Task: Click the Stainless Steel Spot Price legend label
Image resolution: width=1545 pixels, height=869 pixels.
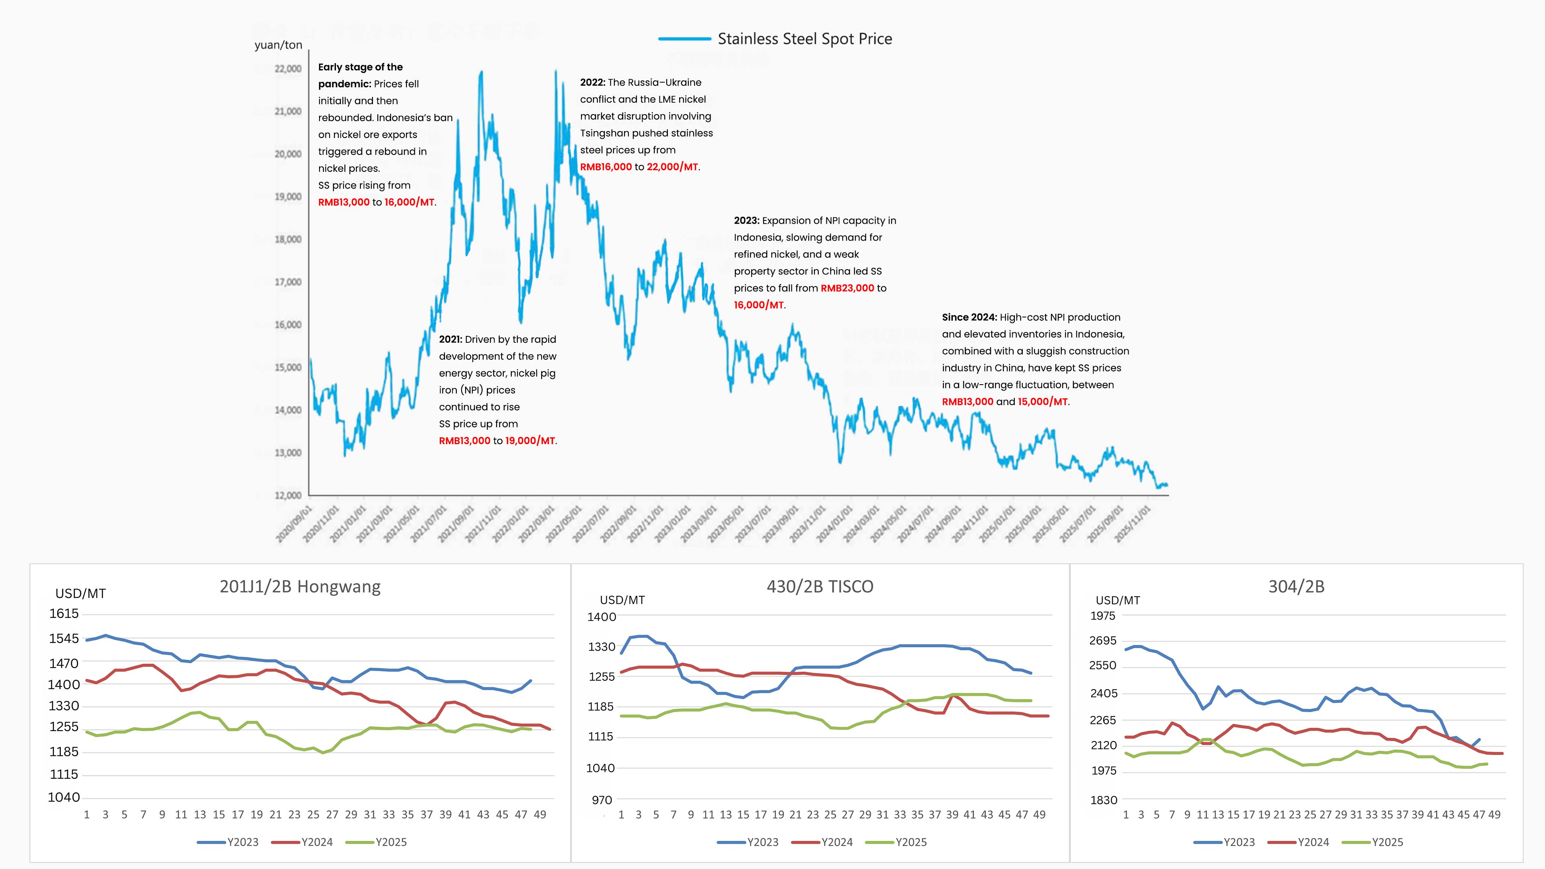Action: pyautogui.click(x=804, y=39)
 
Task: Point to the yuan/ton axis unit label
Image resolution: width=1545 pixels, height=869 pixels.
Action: pyautogui.click(x=278, y=45)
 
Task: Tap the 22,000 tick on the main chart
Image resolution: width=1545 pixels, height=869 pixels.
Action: pyautogui.click(x=288, y=69)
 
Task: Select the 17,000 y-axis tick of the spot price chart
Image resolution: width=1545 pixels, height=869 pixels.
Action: pyautogui.click(x=288, y=282)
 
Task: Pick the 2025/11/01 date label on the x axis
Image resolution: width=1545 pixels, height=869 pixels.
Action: pyautogui.click(x=1132, y=523)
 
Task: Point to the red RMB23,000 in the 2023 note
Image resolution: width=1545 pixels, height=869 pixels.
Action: pyautogui.click(x=847, y=288)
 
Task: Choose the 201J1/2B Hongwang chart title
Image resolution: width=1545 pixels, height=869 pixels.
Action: pyautogui.click(x=300, y=587)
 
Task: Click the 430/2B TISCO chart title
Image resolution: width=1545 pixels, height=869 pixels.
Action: pyautogui.click(x=820, y=587)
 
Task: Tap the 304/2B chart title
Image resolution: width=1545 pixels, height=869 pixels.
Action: pyautogui.click(x=1296, y=587)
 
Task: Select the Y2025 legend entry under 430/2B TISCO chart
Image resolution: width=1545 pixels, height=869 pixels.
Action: pyautogui.click(x=911, y=842)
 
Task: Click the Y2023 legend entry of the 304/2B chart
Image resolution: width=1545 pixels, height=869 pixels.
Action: pyautogui.click(x=1238, y=842)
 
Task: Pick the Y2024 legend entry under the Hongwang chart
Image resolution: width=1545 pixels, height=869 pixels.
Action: pyautogui.click(x=316, y=842)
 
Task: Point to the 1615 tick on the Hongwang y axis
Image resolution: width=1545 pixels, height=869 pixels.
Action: pyautogui.click(x=64, y=614)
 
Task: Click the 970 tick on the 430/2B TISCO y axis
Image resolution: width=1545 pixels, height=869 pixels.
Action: pyautogui.click(x=602, y=800)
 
